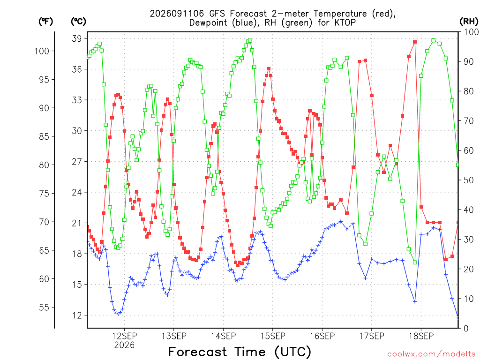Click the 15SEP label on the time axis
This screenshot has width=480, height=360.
tap(273, 336)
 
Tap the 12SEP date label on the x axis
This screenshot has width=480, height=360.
tap(124, 336)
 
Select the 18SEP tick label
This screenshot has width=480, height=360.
tap(421, 336)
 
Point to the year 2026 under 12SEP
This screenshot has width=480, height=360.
tap(124, 345)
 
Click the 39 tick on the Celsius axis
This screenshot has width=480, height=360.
tap(77, 38)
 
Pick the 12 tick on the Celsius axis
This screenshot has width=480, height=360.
tap(77, 315)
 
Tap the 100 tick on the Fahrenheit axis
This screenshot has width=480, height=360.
tap(42, 51)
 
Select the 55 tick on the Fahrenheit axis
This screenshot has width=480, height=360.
tap(44, 307)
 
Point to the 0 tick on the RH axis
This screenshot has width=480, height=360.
tap(466, 329)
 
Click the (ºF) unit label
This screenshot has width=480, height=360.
tap(45, 22)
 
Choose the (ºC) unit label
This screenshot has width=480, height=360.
tap(79, 22)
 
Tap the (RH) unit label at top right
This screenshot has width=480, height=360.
tap(469, 22)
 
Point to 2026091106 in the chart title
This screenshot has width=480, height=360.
tap(177, 14)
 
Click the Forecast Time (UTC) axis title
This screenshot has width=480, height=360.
tap(240, 352)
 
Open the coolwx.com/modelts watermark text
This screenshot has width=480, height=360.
tap(431, 354)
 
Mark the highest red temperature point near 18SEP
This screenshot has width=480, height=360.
tap(415, 42)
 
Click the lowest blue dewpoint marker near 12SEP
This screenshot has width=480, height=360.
tap(118, 314)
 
